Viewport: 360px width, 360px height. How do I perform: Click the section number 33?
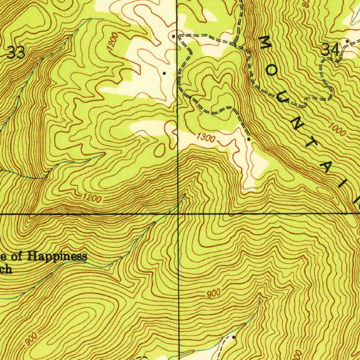[x=16, y=53]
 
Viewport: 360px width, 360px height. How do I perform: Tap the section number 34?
[x=331, y=50]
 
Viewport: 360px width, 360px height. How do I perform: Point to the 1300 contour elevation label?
[x=205, y=137]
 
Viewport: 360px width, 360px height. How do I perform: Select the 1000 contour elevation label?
[x=338, y=129]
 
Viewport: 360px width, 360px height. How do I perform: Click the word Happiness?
[x=57, y=256]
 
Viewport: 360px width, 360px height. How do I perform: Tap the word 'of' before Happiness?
[x=19, y=257]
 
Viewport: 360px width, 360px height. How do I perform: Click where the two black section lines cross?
[x=178, y=213]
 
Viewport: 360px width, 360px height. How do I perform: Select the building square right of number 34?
[x=347, y=41]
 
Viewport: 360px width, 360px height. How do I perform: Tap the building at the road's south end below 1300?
[x=249, y=140]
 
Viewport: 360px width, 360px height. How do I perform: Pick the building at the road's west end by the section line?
[x=174, y=36]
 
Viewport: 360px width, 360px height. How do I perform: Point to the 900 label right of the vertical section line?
[x=213, y=293]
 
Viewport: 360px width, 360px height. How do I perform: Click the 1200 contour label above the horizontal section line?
[x=92, y=199]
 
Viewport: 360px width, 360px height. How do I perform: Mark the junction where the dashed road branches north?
[x=235, y=44]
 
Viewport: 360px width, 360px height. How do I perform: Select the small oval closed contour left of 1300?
[x=159, y=150]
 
